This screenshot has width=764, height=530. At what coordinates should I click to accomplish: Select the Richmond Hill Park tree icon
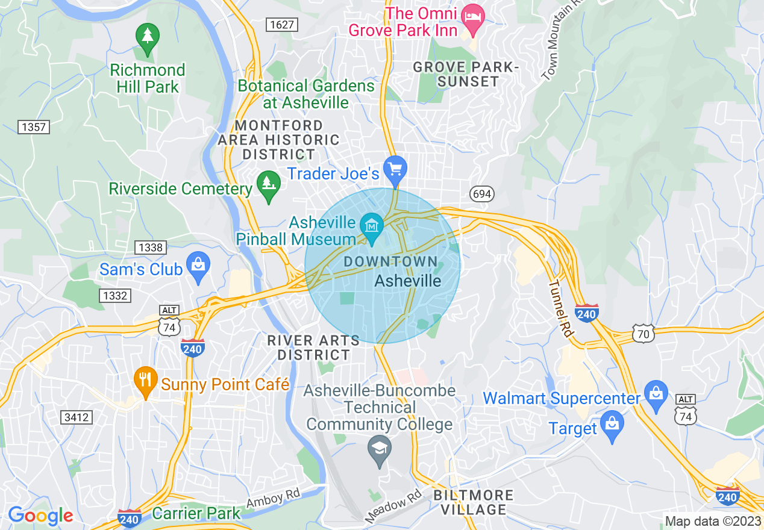(x=147, y=37)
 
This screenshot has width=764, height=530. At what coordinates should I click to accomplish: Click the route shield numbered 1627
(x=282, y=24)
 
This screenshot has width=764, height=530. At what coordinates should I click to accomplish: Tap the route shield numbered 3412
(x=77, y=417)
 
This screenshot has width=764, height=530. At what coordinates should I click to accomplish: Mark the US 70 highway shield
(x=643, y=332)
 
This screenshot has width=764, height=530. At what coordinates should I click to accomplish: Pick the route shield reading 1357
(x=33, y=127)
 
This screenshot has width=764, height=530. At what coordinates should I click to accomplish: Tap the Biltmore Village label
(x=473, y=502)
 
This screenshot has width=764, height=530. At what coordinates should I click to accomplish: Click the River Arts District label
(x=313, y=348)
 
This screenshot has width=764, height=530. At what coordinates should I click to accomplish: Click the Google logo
(x=40, y=516)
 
